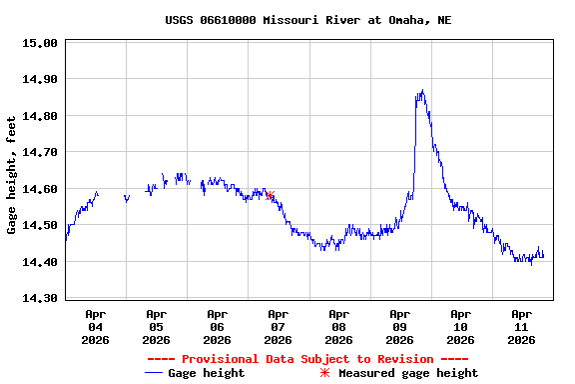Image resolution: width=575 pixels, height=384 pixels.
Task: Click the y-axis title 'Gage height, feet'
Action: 12,175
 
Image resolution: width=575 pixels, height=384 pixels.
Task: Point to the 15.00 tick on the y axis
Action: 39,44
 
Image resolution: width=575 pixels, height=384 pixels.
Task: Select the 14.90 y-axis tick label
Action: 39,80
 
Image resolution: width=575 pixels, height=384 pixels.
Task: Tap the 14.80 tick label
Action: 39,116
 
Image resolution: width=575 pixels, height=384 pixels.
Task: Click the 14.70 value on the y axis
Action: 39,153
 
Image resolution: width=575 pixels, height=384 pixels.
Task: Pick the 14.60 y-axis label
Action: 39,189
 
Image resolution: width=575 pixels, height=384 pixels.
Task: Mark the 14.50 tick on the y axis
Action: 39,226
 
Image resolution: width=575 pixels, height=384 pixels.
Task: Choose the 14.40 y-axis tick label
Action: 39,262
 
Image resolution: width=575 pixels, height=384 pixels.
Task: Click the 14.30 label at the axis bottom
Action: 39,298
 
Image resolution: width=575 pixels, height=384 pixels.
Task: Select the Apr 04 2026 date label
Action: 95,327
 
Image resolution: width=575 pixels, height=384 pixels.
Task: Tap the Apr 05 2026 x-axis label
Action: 156,327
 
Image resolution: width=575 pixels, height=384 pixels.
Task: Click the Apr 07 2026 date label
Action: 278,327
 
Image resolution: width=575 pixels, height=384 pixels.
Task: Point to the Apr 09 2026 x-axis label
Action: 399,327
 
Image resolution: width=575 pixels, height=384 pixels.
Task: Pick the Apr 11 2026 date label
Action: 521,327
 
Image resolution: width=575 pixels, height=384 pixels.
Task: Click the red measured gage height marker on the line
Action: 270,196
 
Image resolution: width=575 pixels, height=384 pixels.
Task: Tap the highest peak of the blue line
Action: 422,91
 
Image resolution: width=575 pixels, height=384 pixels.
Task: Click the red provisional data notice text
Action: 307,359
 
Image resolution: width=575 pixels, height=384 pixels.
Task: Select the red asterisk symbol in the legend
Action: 324,373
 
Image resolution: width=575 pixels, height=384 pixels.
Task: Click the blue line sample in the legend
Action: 154,373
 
